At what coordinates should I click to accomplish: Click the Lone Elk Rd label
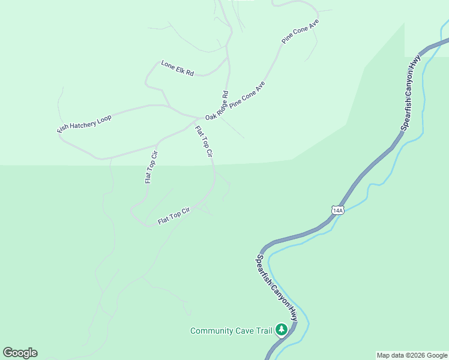click(x=178, y=67)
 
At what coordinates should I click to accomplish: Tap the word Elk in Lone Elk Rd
click(x=179, y=68)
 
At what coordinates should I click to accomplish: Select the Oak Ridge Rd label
click(x=217, y=106)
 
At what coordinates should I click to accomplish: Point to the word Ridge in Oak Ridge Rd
click(x=218, y=105)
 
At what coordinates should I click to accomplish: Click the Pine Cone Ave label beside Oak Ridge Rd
click(x=247, y=94)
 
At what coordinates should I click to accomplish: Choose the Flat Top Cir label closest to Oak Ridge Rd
click(x=204, y=142)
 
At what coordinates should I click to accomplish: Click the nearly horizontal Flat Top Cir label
click(x=174, y=216)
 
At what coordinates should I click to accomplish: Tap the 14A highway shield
click(x=337, y=210)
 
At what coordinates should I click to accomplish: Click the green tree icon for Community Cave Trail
click(x=281, y=329)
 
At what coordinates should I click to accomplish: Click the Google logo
click(x=20, y=353)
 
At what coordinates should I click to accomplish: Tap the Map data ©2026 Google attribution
click(x=412, y=355)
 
